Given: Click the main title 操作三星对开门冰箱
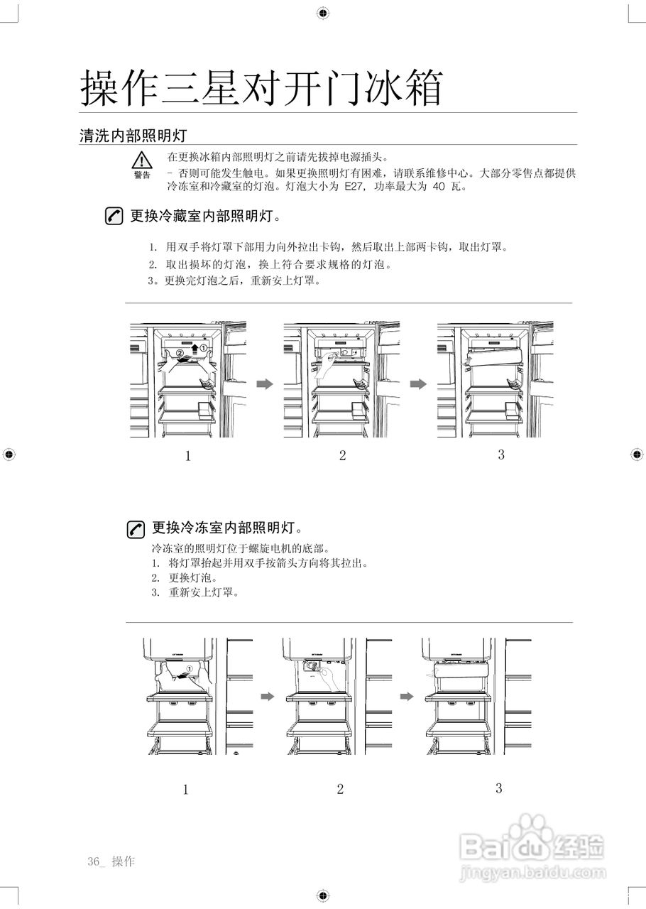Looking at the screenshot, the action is tap(261, 88).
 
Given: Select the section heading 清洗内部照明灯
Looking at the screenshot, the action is tap(132, 136).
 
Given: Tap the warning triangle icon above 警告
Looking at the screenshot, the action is tap(142, 160).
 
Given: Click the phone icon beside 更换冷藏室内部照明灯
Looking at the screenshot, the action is tap(113, 216).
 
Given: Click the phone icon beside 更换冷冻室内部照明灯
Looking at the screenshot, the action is tap(136, 528).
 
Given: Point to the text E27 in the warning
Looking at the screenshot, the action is tap(352, 187).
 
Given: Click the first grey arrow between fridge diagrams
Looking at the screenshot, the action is tap(264, 384).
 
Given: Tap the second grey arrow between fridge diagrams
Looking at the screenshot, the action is tap(419, 384).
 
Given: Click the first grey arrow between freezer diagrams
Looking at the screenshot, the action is tap(266, 697).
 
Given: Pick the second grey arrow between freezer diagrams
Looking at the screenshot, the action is tap(406, 697).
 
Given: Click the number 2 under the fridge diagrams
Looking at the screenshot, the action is tap(342, 456).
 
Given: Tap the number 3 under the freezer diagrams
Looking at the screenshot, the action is tap(499, 788).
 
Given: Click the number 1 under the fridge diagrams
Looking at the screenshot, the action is tap(188, 456).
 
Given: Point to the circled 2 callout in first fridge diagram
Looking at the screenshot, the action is tap(180, 352).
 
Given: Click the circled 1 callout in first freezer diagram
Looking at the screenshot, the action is tap(190, 669).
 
